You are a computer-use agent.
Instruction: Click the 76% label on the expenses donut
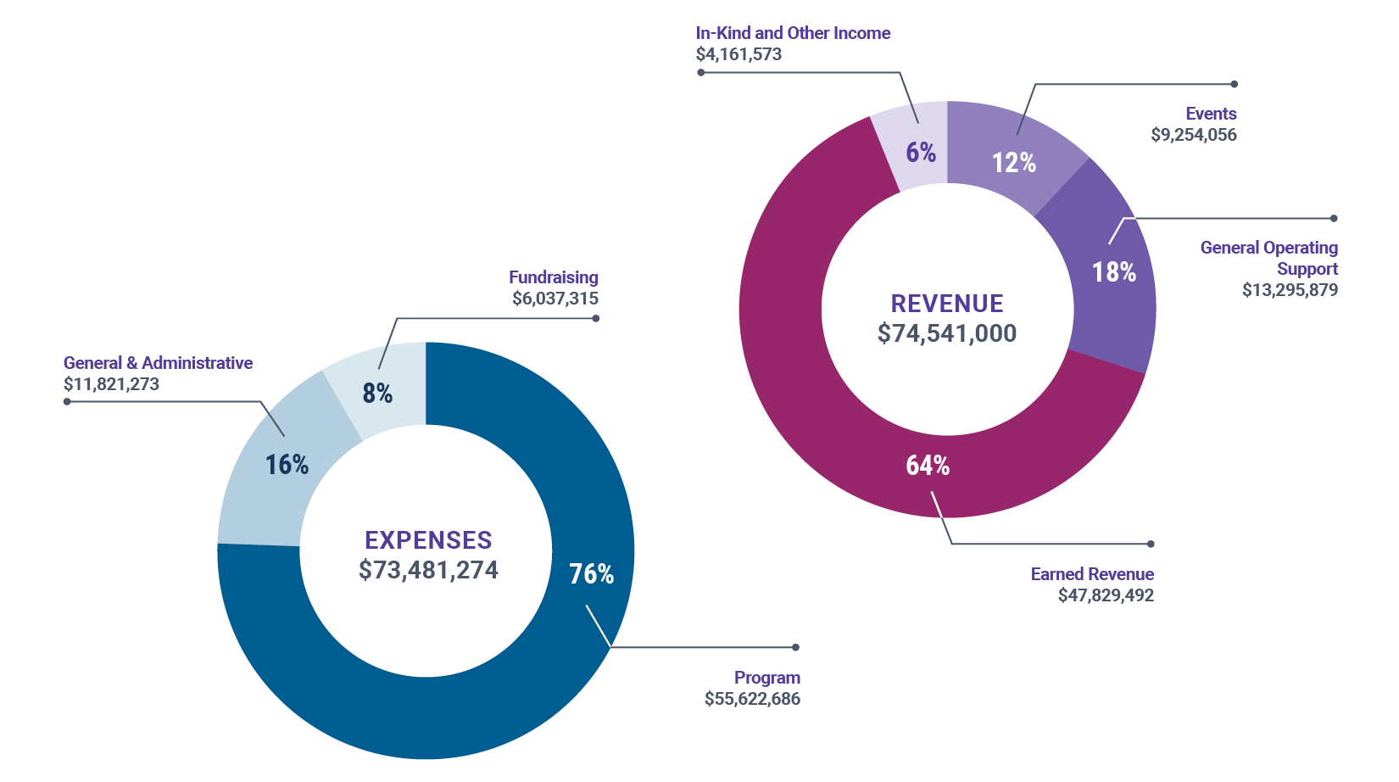(x=591, y=574)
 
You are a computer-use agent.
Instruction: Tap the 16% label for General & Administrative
(x=287, y=465)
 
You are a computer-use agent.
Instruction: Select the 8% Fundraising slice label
(x=377, y=394)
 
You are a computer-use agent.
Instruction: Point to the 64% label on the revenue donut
(x=928, y=466)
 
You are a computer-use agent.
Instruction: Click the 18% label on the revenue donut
(x=1113, y=272)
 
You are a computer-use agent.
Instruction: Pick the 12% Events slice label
(x=1014, y=163)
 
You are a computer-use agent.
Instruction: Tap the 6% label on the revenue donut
(x=921, y=153)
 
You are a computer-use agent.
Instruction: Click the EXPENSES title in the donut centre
(x=428, y=540)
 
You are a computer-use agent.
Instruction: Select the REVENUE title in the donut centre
(x=947, y=304)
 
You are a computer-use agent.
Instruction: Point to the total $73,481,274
(x=428, y=570)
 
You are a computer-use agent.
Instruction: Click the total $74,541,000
(x=947, y=333)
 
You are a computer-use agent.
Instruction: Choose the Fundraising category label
(x=554, y=277)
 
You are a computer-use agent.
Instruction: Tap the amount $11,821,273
(x=111, y=384)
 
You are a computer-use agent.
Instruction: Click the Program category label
(x=767, y=678)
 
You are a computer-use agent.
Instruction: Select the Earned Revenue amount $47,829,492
(x=1106, y=595)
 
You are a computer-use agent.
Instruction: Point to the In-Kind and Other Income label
(x=793, y=33)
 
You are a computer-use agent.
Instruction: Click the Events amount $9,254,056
(x=1194, y=135)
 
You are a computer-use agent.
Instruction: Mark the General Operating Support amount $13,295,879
(x=1290, y=290)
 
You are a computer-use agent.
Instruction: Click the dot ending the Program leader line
(x=795, y=647)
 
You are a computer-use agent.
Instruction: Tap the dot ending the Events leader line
(x=1235, y=84)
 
